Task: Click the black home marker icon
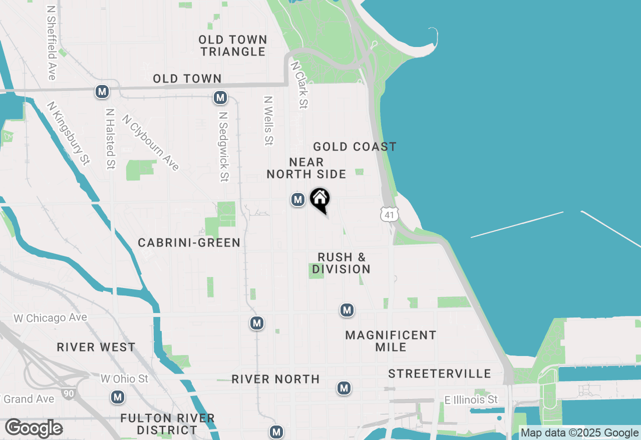point(320,199)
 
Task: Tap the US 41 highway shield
point(389,214)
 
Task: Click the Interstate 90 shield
point(69,394)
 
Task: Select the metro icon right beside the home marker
point(298,199)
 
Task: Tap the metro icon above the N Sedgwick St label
point(220,97)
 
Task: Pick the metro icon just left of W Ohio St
point(118,397)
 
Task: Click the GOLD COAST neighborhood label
point(355,146)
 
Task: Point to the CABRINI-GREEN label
point(189,243)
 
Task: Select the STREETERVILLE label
point(440,374)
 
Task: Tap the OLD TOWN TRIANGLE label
point(232,45)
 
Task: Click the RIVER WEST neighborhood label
point(96,347)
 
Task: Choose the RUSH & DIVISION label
point(342,263)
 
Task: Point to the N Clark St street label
point(299,85)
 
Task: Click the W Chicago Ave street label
point(50,318)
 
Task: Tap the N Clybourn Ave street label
point(150,143)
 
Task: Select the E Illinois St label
point(471,400)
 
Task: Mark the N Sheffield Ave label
point(51,43)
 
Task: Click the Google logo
point(34,428)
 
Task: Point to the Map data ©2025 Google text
point(579,433)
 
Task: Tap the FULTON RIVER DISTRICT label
point(168,424)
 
